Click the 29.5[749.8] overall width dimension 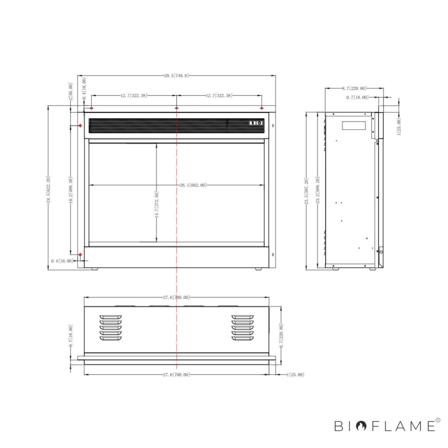click(177, 76)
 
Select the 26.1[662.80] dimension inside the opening click(193, 185)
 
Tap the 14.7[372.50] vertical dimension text click(157, 205)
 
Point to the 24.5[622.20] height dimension click(48, 190)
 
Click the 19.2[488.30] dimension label click(71, 190)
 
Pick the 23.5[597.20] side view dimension click(306, 192)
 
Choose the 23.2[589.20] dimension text click(318, 190)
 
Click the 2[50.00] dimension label click(71, 91)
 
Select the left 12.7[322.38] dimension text click(134, 96)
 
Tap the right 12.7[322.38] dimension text click(219, 96)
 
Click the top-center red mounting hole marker click(177, 108)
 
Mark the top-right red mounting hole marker click(262, 108)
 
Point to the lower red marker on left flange click(80, 255)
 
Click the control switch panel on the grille click(256, 122)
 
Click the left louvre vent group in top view click(111, 328)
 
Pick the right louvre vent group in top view click(242, 328)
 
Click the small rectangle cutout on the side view click(354, 126)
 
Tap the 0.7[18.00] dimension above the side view click(357, 97)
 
